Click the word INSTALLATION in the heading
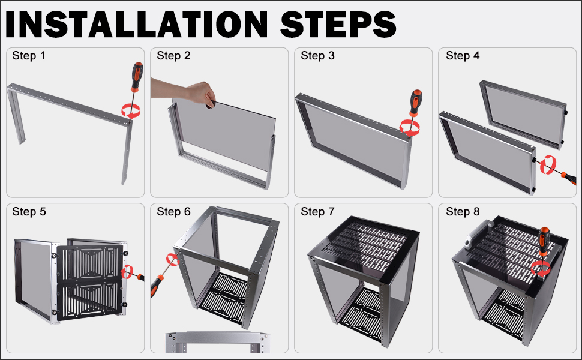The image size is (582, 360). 136,24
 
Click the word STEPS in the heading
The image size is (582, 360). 338,24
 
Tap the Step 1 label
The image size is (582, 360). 29,56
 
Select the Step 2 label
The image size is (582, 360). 173,56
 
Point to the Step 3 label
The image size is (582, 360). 317,56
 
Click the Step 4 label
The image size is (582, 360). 463,56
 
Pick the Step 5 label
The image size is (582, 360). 29,212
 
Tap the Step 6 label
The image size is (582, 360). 173,212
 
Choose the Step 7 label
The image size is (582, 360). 317,212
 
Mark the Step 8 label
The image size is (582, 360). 463,212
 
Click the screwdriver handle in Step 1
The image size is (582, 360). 137,76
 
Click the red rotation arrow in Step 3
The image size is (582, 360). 410,128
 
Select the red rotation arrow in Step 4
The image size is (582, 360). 548,165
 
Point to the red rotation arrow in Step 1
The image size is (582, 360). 131,111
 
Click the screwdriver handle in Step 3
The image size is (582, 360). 416,103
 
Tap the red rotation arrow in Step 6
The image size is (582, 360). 173,259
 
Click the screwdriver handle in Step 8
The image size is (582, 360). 544,241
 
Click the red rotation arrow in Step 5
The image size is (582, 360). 127,272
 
